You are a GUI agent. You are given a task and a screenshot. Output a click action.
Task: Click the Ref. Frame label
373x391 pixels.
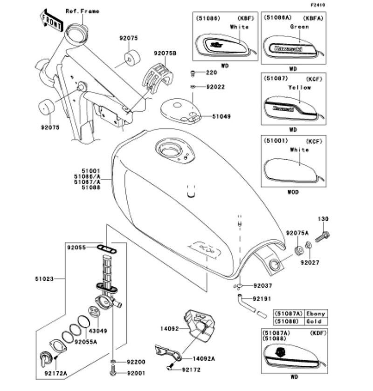coord(82,11)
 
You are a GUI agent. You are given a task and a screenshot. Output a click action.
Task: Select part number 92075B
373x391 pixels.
coord(165,53)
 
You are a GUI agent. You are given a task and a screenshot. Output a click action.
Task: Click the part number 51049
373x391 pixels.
coord(221,116)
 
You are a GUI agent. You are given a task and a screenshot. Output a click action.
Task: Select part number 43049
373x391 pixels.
coord(98,331)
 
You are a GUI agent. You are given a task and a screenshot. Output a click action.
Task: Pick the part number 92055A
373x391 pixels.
coord(86,342)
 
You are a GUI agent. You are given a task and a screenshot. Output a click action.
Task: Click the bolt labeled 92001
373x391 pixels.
coord(113,372)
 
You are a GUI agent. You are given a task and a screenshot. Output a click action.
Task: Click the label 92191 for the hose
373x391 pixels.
coord(262,298)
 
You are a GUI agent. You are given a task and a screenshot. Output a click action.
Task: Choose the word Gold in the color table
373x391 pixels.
coord(314,321)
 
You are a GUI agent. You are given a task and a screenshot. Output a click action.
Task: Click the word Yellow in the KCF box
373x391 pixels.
coord(299,87)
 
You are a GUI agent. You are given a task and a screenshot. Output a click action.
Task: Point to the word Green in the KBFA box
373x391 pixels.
coord(299,27)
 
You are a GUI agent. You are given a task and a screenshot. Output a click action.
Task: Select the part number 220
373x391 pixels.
coord(212,73)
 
